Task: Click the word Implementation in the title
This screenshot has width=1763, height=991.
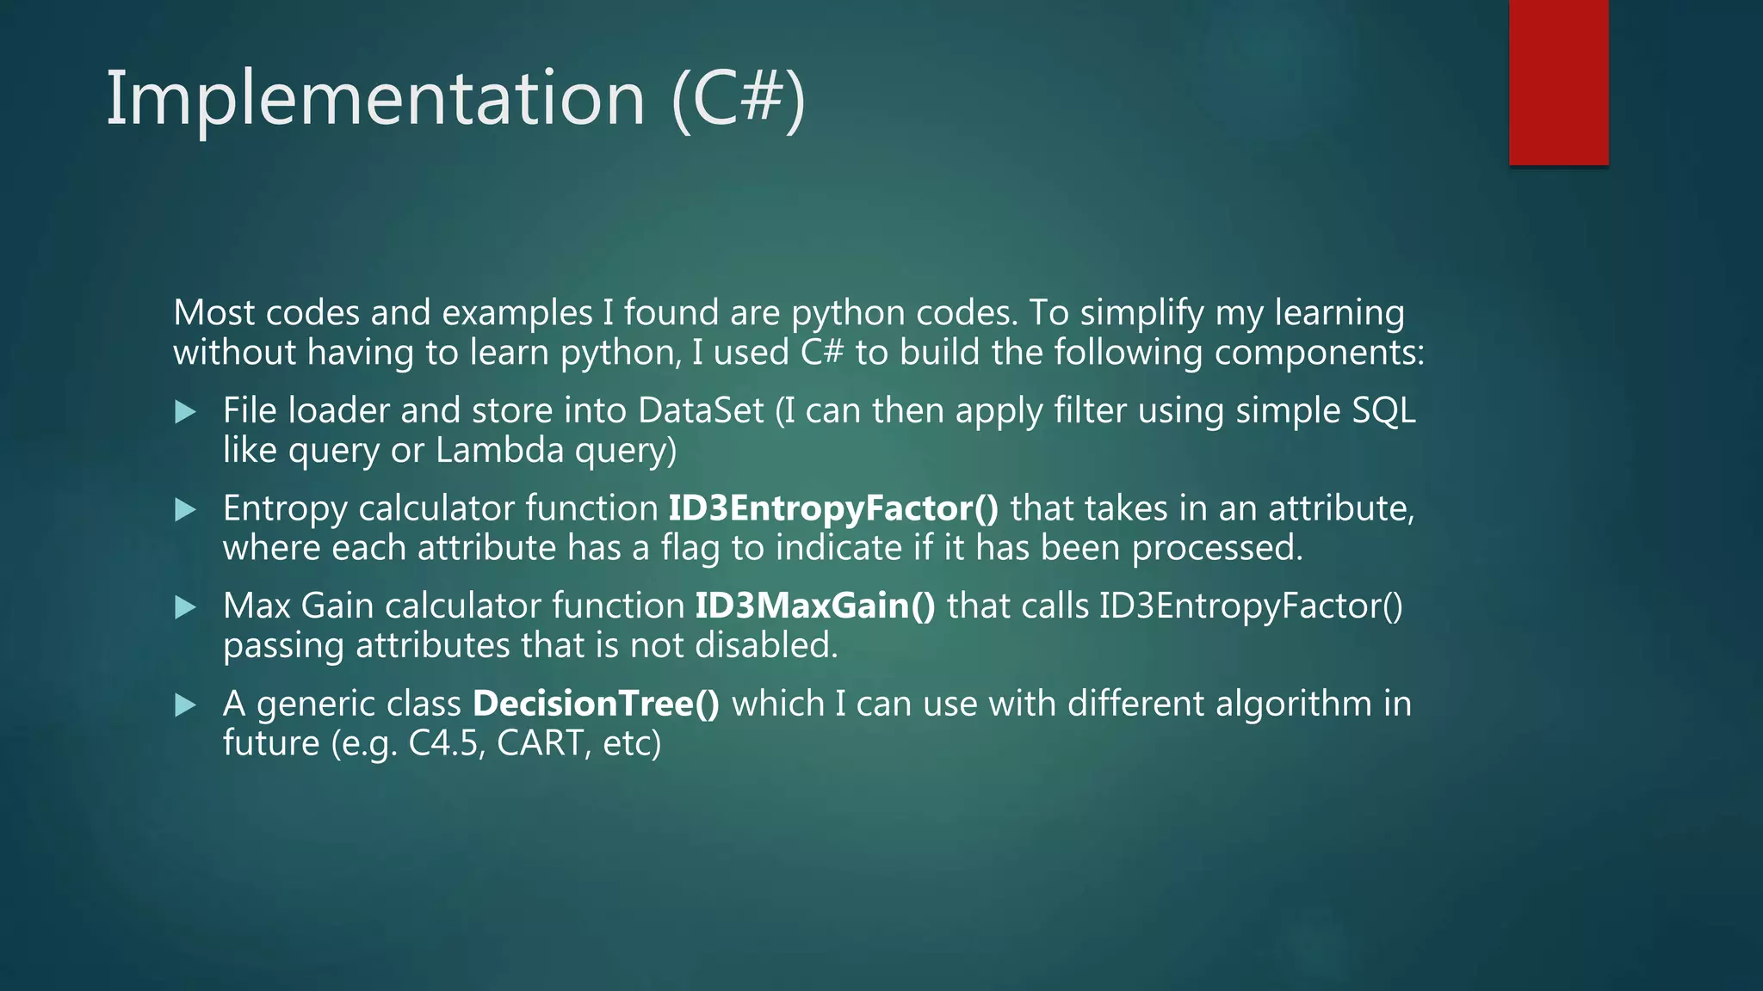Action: pyautogui.click(x=374, y=99)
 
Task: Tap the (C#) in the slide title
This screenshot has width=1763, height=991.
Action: pyautogui.click(x=738, y=99)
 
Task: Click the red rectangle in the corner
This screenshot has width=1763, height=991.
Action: pyautogui.click(x=1558, y=82)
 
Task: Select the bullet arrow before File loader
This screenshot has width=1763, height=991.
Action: pyautogui.click(x=185, y=412)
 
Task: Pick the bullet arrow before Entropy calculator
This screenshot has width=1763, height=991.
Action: pyautogui.click(x=185, y=510)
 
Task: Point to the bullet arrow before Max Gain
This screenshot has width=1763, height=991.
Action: pyautogui.click(x=185, y=608)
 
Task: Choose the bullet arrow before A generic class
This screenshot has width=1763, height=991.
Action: pyautogui.click(x=185, y=706)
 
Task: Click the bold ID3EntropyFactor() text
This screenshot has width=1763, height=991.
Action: pyautogui.click(x=833, y=508)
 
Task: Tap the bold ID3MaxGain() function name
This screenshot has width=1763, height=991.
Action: pyautogui.click(x=814, y=606)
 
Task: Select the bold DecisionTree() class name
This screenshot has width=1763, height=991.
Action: pyautogui.click(x=596, y=705)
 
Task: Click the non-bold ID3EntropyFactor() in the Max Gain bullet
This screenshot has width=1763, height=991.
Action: pyautogui.click(x=1250, y=606)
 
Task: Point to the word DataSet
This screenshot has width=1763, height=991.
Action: pyautogui.click(x=701, y=410)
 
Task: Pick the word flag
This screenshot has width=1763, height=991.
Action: pyautogui.click(x=690, y=548)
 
